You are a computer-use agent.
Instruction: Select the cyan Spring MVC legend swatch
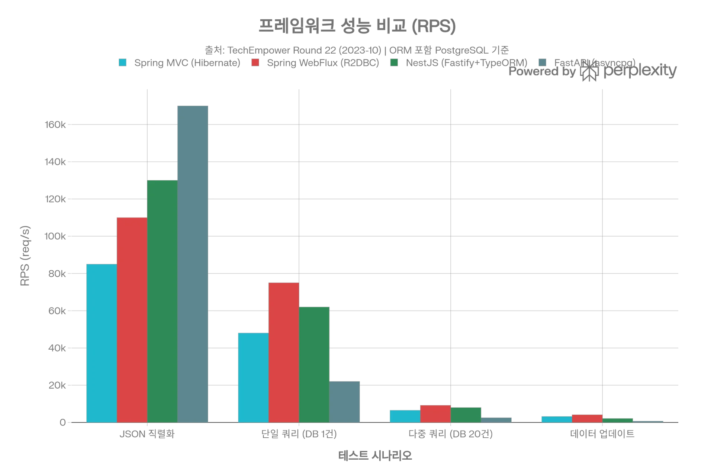point(122,62)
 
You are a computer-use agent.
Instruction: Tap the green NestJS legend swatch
point(393,62)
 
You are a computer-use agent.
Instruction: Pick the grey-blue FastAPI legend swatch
point(543,61)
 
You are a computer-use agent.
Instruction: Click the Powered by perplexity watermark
point(591,71)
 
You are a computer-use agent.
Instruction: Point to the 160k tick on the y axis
point(57,125)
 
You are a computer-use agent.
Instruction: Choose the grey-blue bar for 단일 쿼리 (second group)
point(344,402)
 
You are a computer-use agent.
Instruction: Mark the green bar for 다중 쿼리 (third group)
point(466,415)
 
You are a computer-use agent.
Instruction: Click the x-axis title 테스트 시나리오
point(375,455)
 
